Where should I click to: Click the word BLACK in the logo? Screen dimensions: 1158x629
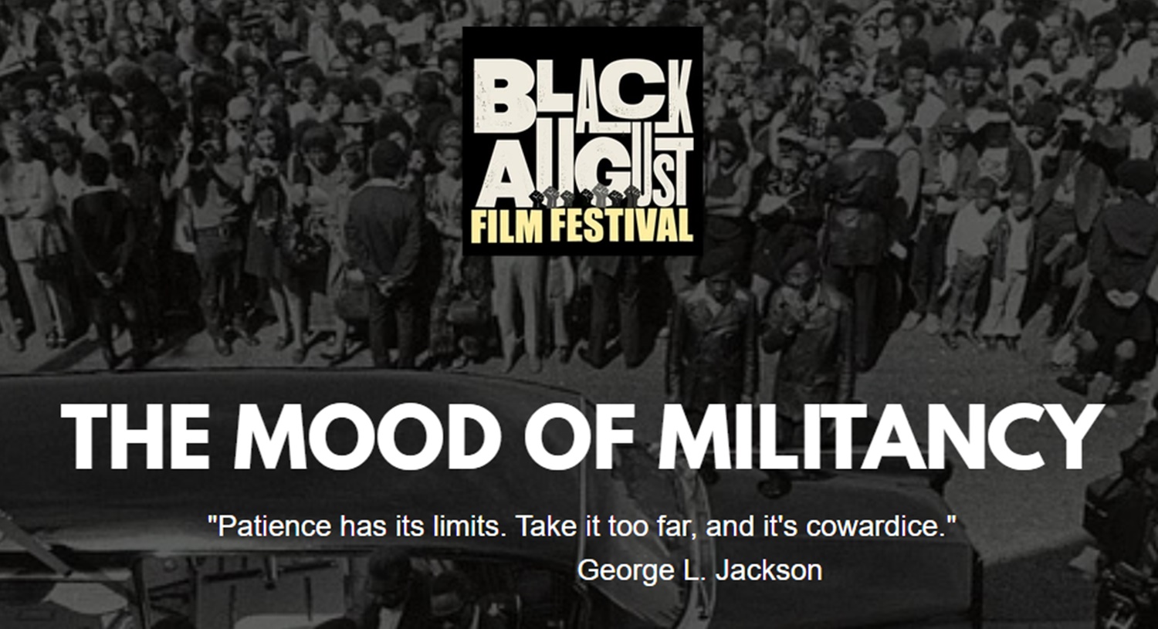[583, 96]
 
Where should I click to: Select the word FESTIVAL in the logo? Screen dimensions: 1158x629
[621, 225]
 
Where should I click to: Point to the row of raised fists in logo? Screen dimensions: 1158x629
[586, 196]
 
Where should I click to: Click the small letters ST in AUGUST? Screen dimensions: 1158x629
[677, 171]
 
